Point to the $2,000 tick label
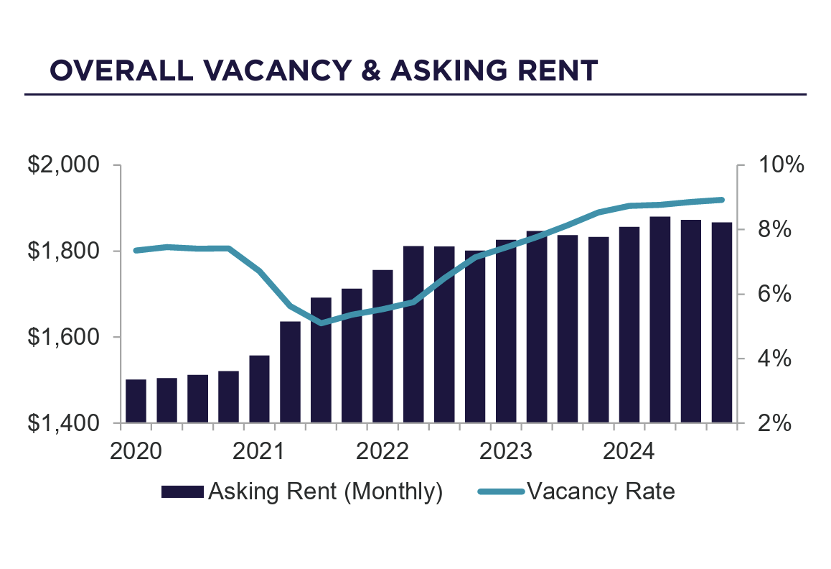[62, 165]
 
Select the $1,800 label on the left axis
[62, 251]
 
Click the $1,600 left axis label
[62, 337]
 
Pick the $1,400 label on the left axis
[62, 423]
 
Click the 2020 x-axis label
[136, 452]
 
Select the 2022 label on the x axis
[382, 452]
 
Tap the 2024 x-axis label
[629, 452]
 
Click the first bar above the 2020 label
[136, 401]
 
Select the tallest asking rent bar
[659, 320]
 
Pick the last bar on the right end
[721, 323]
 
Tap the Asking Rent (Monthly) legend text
[324, 491]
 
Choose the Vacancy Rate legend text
[601, 491]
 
